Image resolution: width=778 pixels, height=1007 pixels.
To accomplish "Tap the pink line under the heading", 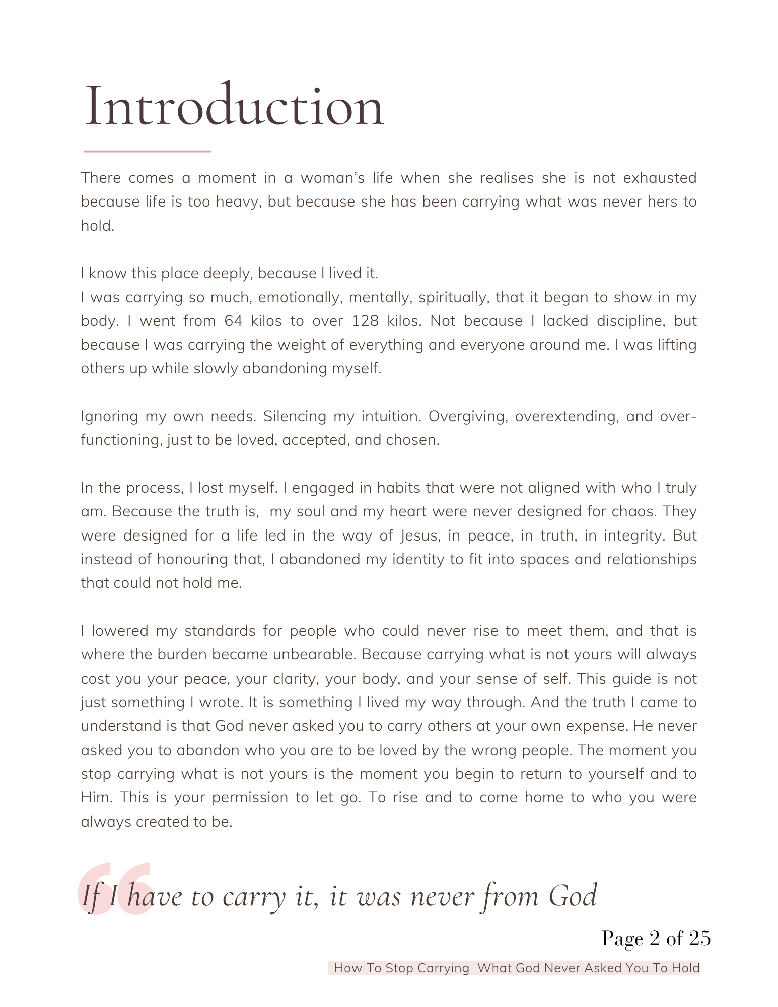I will tap(147, 151).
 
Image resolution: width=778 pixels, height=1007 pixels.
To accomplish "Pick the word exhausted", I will tap(660, 178).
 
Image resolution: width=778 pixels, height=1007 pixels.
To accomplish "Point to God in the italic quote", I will tap(573, 897).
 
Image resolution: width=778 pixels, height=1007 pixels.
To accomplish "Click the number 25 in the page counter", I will tap(699, 939).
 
